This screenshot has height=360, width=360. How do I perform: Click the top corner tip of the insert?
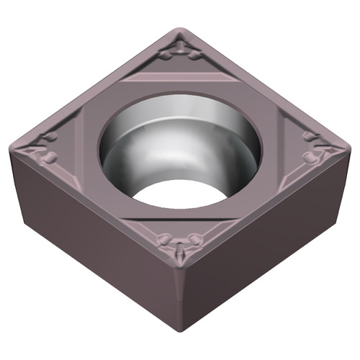(x=181, y=30)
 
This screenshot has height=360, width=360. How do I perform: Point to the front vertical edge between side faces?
(x=181, y=302)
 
